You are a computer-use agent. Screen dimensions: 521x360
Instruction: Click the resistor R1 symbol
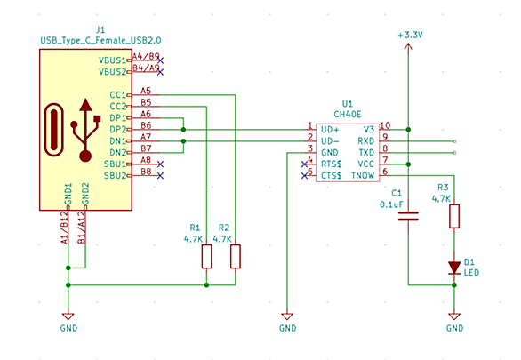(206, 256)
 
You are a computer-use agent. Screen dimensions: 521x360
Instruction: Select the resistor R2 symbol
(236, 256)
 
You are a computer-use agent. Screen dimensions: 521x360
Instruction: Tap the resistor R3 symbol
(454, 216)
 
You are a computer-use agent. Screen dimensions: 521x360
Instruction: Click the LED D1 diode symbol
(454, 268)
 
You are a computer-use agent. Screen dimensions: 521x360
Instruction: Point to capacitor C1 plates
(408, 216)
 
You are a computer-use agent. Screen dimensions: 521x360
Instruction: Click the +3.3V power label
(410, 35)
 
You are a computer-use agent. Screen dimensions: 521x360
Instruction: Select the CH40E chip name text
(348, 115)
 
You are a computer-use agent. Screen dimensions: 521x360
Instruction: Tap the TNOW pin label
(363, 175)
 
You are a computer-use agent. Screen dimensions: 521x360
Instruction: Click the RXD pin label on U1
(365, 141)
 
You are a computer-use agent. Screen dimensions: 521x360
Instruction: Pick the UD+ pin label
(330, 130)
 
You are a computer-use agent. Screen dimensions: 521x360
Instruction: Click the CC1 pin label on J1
(118, 95)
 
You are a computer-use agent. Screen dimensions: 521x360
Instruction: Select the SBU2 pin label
(116, 175)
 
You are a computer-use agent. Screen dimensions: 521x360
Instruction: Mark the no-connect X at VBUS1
(161, 60)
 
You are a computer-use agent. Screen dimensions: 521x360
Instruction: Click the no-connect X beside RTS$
(304, 164)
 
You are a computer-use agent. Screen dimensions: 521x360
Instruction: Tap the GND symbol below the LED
(454, 316)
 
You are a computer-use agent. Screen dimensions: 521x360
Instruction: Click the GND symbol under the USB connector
(68, 316)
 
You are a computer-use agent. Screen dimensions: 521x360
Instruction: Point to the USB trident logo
(85, 130)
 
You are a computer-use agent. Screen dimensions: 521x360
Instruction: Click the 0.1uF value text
(391, 204)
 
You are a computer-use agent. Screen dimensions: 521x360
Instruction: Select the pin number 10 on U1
(385, 125)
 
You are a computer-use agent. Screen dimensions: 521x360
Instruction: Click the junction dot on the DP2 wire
(183, 130)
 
